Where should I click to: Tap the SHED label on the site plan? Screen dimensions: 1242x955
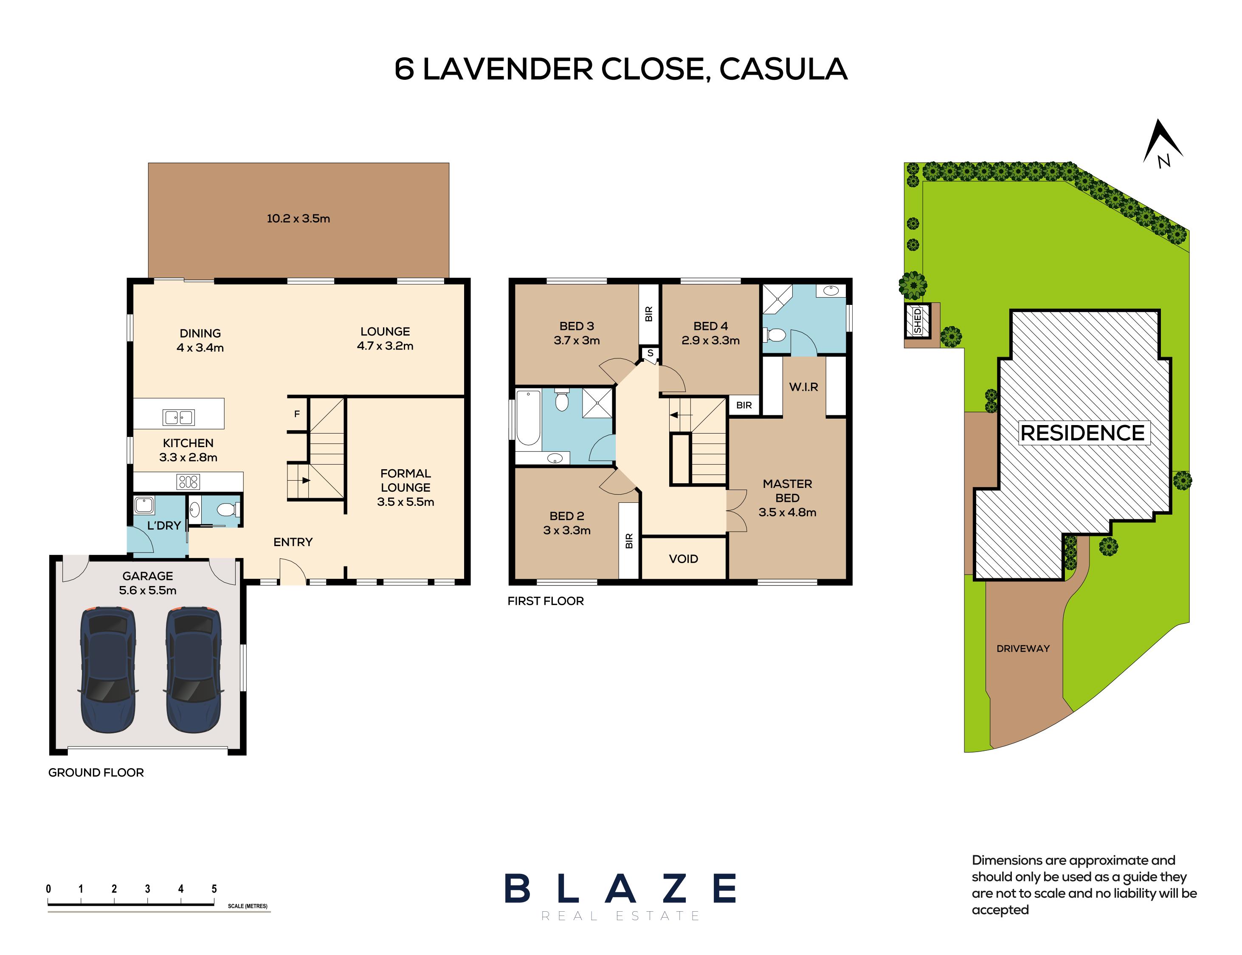917,321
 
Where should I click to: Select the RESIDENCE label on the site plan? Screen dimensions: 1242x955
1082,433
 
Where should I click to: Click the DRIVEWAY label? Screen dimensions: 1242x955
1022,648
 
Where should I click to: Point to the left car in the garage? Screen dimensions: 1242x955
108,670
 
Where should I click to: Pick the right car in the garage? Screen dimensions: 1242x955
193,670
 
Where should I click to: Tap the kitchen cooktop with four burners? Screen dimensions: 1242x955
188,482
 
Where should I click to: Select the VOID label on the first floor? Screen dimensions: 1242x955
683,559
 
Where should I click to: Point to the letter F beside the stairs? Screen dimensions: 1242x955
297,414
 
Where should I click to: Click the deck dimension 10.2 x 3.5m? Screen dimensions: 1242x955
299,218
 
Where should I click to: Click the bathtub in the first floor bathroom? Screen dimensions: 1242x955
528,418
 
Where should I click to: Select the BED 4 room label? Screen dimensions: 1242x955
710,326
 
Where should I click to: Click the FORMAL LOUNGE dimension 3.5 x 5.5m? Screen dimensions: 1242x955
405,502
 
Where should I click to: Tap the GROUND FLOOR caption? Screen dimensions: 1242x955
96,772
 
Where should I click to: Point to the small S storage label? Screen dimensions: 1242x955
650,353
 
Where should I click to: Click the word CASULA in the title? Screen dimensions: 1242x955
783,69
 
